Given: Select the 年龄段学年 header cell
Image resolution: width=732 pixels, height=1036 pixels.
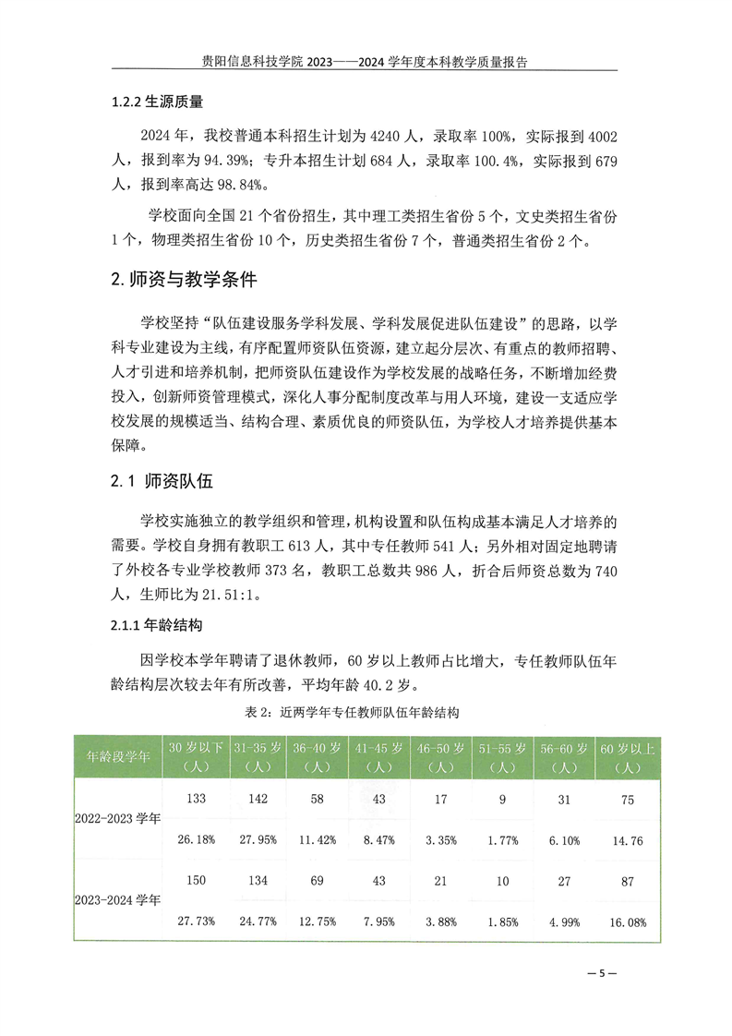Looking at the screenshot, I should tap(118, 755).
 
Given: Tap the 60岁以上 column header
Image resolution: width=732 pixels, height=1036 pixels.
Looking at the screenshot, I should tap(627, 756).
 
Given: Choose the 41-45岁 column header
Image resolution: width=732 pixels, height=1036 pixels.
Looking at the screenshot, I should tap(379, 756).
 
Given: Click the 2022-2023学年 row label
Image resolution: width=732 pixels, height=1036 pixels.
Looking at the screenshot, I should tap(118, 818).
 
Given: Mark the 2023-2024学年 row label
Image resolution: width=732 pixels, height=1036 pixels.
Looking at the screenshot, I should tap(118, 898).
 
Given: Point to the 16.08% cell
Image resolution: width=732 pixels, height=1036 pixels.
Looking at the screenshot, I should tap(627, 921).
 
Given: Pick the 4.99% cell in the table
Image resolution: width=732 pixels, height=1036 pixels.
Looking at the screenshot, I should tap(565, 921).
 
